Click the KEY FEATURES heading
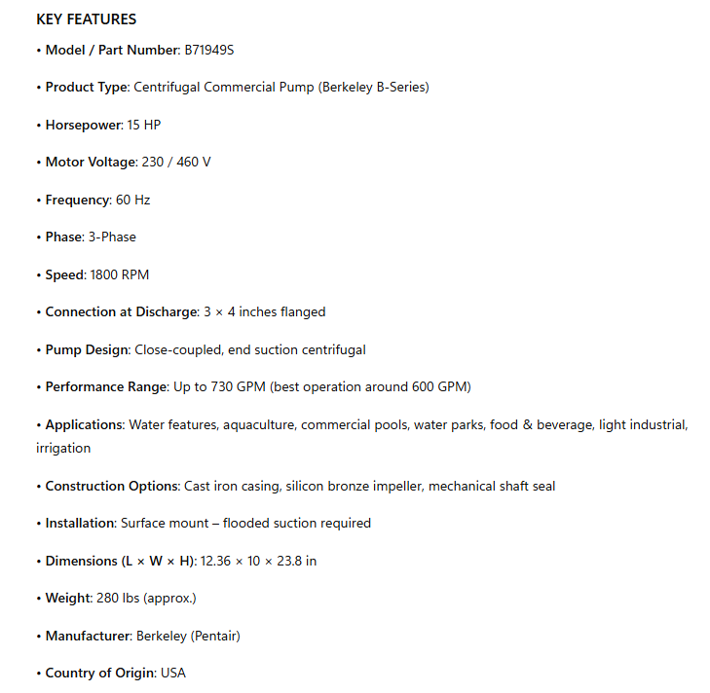pyautogui.click(x=86, y=19)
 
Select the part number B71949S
pyautogui.click(x=208, y=50)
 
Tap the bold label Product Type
pyautogui.click(x=87, y=87)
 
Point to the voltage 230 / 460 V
pyautogui.click(x=176, y=162)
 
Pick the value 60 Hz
pyautogui.click(x=132, y=200)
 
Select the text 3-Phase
pyautogui.click(x=112, y=237)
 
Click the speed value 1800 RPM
pyautogui.click(x=119, y=274)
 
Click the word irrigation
pyautogui.click(x=63, y=448)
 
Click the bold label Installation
pyautogui.click(x=79, y=523)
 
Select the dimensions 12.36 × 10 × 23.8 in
pyautogui.click(x=258, y=561)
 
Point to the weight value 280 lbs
pyautogui.click(x=133, y=598)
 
